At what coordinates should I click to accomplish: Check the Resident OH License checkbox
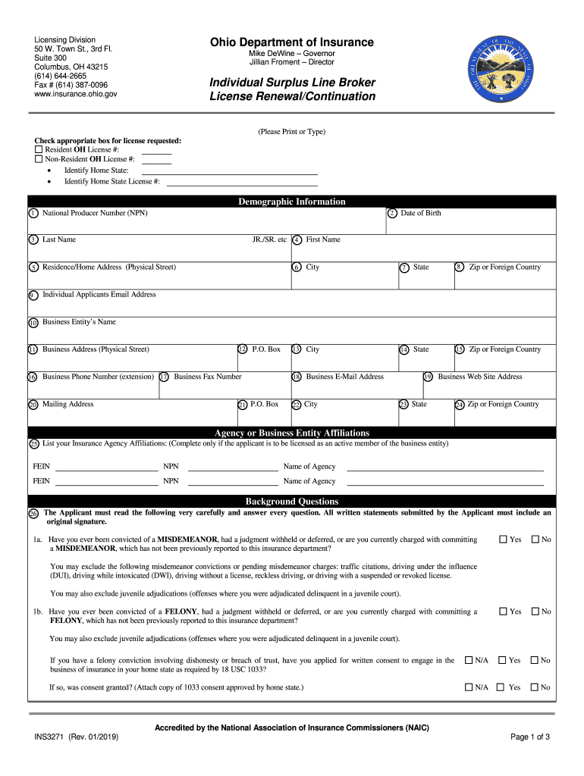pyautogui.click(x=39, y=150)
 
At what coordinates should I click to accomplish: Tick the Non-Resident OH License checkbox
pyautogui.click(x=39, y=160)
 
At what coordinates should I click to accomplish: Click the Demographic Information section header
pyautogui.click(x=292, y=202)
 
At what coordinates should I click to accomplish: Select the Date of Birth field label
pyautogui.click(x=420, y=213)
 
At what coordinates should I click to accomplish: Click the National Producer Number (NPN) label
pyautogui.click(x=95, y=213)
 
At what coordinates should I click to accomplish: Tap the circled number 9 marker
pyautogui.click(x=33, y=295)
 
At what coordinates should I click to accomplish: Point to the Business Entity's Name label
pyautogui.click(x=79, y=322)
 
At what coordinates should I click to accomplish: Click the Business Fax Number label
pyautogui.click(x=207, y=377)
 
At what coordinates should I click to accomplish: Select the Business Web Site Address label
pyautogui.click(x=480, y=377)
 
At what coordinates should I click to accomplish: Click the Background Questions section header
pyautogui.click(x=292, y=502)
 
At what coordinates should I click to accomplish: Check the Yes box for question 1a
pyautogui.click(x=502, y=540)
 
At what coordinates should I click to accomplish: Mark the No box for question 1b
pyautogui.click(x=535, y=612)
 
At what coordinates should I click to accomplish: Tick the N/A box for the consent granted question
pyautogui.click(x=469, y=687)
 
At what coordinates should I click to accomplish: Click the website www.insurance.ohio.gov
pyautogui.click(x=75, y=95)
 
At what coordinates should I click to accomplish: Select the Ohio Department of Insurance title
pyautogui.click(x=292, y=42)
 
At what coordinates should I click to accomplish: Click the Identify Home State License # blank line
pyautogui.click(x=241, y=183)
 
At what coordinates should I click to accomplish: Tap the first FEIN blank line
pyautogui.click(x=106, y=467)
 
